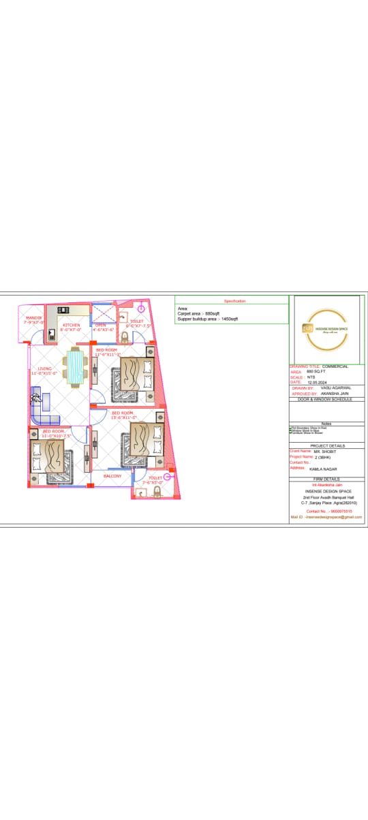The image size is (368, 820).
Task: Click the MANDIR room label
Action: point(33,318)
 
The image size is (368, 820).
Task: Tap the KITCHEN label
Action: point(71,326)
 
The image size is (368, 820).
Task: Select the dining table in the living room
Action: point(75,367)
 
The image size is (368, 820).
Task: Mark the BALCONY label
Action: point(112,476)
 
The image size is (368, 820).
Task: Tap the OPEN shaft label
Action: point(101,326)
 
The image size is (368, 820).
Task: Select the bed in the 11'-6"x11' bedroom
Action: point(132,377)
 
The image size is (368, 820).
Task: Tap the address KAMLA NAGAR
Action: point(324,469)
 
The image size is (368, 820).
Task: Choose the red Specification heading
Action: point(235,300)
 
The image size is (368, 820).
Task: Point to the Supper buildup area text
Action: point(208,319)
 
